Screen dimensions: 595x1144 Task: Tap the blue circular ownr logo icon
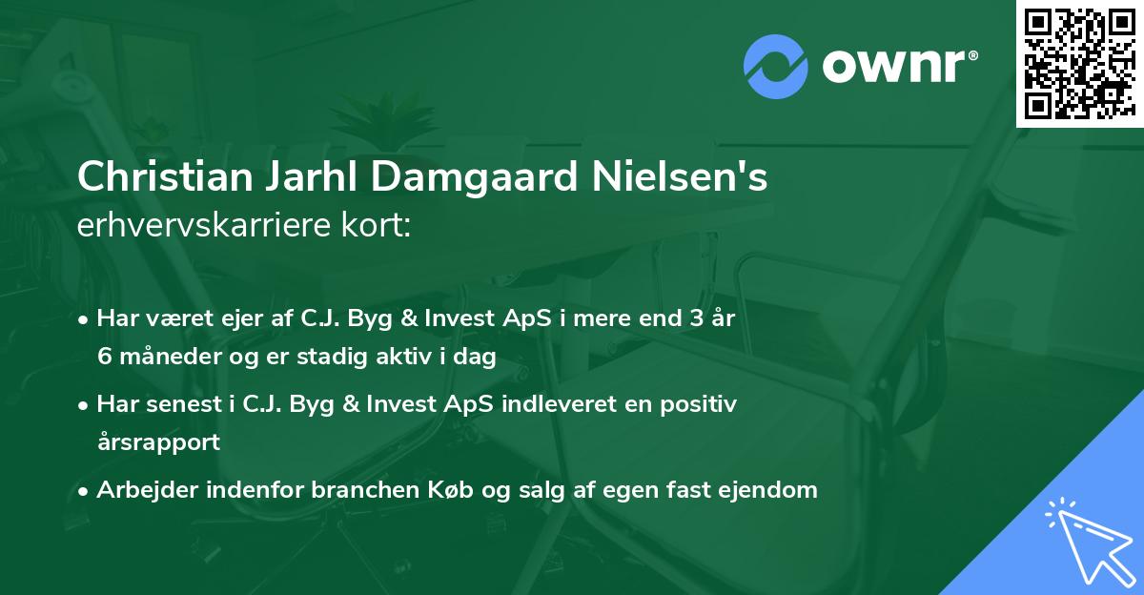(775, 66)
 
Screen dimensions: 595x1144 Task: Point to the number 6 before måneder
(104, 356)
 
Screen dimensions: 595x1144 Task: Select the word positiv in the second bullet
(701, 404)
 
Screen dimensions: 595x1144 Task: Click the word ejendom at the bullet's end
(771, 490)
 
